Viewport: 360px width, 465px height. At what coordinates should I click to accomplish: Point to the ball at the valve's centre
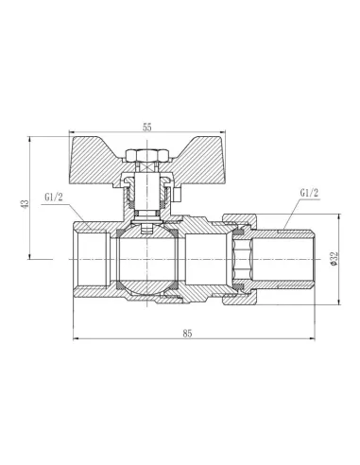point(147,255)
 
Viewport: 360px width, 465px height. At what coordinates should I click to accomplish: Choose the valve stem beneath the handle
point(147,194)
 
